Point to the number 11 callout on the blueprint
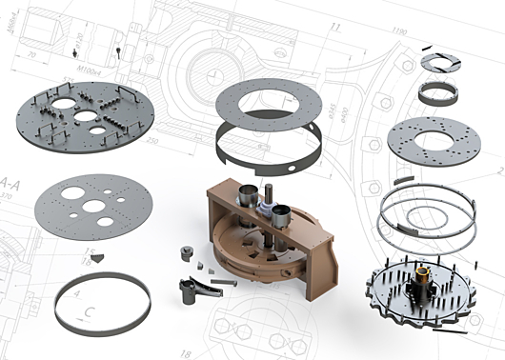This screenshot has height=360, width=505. pyautogui.click(x=335, y=28)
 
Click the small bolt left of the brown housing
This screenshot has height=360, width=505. pyautogui.click(x=183, y=253)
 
